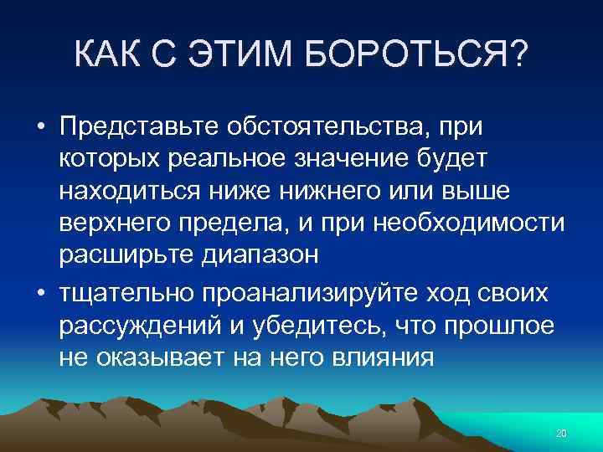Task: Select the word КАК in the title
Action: click(x=104, y=55)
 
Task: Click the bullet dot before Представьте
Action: click(x=40, y=126)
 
